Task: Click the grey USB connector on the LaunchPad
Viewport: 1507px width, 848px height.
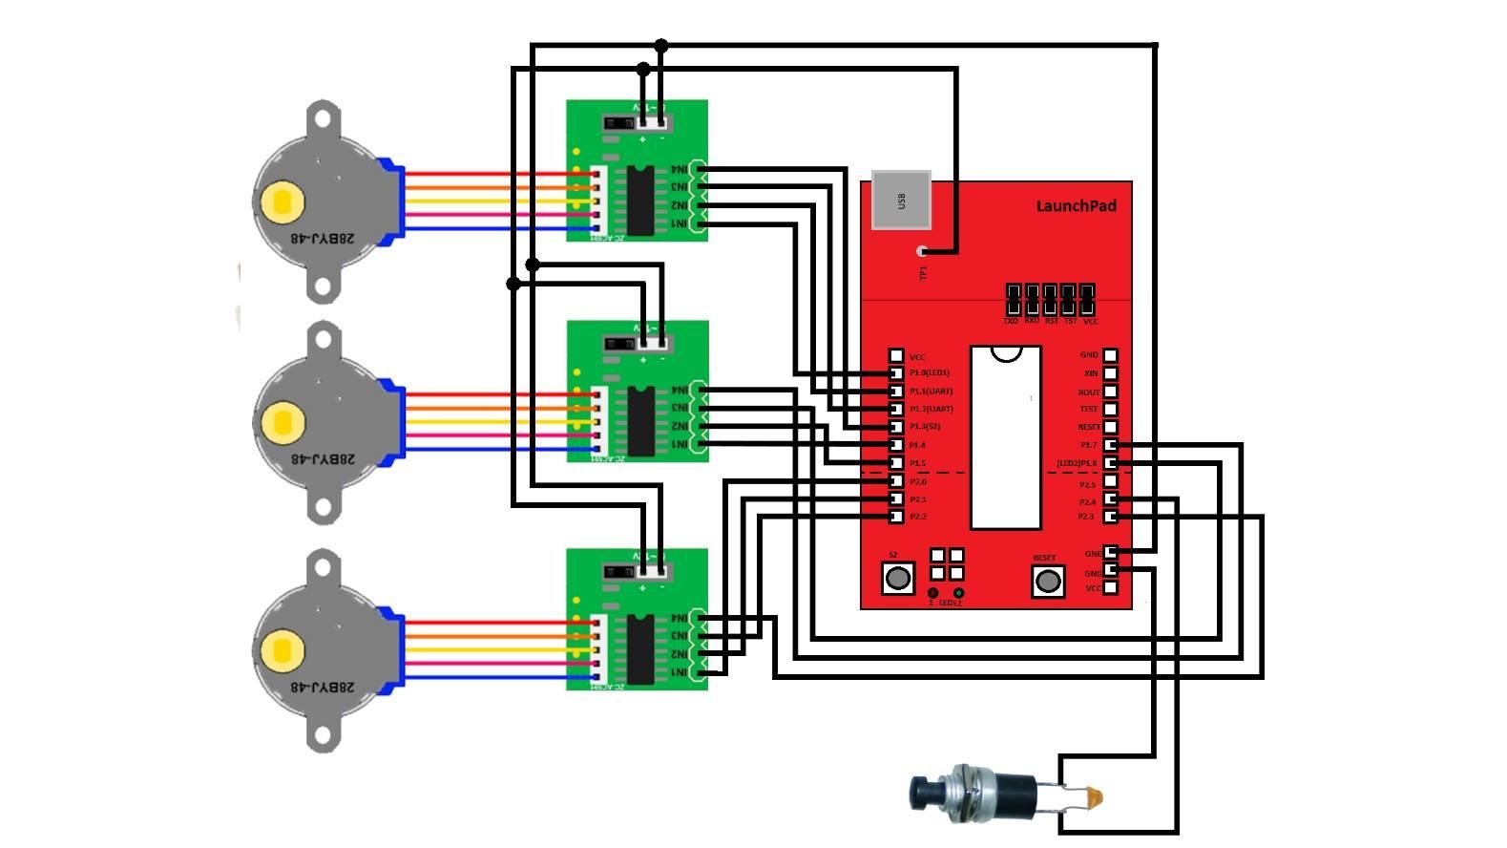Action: click(x=901, y=201)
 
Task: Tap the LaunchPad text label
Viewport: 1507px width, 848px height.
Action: click(x=1076, y=206)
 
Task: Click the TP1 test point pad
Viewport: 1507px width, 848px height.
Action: click(x=922, y=252)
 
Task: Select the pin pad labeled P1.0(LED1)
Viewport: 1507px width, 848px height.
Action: click(x=896, y=373)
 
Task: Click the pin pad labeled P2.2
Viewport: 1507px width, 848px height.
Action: click(x=896, y=517)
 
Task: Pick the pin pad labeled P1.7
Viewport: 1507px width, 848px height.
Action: click(x=1110, y=445)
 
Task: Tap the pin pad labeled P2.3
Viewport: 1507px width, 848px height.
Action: click(x=1110, y=517)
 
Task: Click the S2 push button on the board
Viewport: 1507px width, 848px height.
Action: click(x=897, y=578)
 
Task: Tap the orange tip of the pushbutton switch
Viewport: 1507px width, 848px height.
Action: click(x=1095, y=795)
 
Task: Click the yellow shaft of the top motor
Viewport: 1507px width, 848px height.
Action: click(x=283, y=201)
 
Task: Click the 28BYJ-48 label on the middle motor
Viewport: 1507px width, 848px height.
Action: click(x=322, y=459)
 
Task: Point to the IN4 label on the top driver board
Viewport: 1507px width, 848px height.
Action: click(x=679, y=170)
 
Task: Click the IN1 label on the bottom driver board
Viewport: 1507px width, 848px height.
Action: click(x=679, y=673)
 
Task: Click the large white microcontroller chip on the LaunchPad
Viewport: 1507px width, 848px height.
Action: click(x=1005, y=439)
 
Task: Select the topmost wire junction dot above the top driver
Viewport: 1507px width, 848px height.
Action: click(x=660, y=46)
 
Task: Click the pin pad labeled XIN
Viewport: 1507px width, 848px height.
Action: click(x=1110, y=373)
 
